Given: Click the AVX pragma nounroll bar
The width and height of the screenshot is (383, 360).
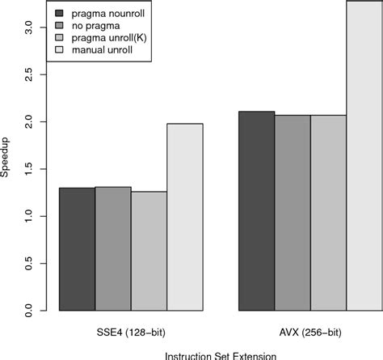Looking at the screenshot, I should pyautogui.click(x=256, y=211).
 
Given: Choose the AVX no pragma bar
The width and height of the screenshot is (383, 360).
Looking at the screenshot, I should pyautogui.click(x=292, y=213).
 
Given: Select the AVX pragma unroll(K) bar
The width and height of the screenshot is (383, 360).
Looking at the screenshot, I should pyautogui.click(x=328, y=213).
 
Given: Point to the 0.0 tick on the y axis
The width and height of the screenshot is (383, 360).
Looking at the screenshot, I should pyautogui.click(x=28, y=311).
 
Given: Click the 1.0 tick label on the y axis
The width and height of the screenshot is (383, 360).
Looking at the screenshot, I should pyautogui.click(x=28, y=216).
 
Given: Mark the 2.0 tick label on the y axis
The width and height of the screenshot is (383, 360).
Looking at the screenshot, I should pyautogui.click(x=28, y=121).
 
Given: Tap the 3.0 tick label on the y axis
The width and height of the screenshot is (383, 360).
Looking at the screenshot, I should pyautogui.click(x=28, y=27).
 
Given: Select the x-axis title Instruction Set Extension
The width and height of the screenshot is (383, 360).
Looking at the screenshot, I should pyautogui.click(x=220, y=354).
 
